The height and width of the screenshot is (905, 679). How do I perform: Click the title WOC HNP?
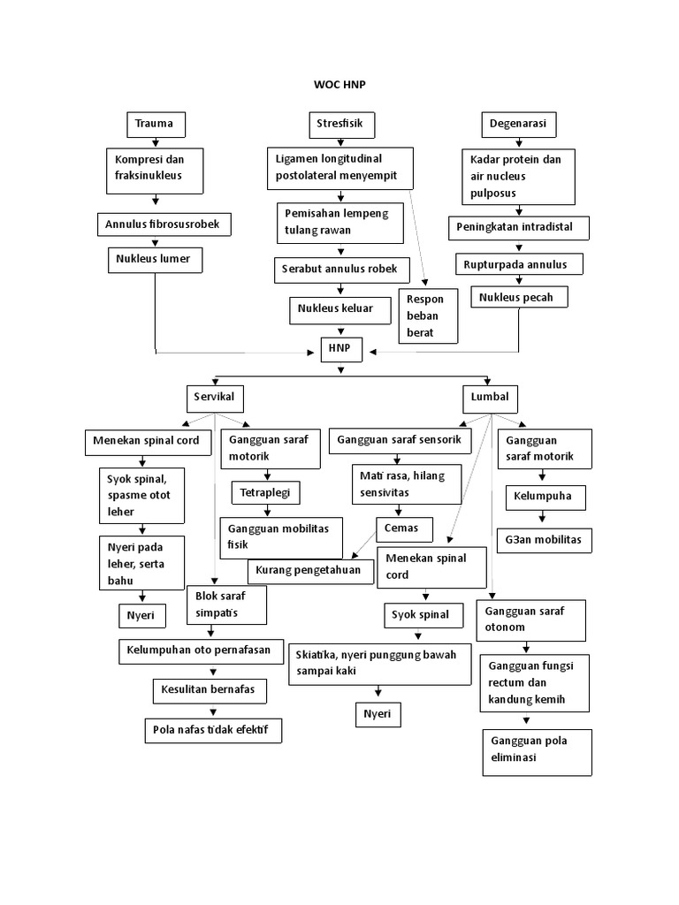(339, 84)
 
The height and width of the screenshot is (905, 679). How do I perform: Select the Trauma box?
(156, 125)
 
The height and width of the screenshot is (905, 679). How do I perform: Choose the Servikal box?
(214, 398)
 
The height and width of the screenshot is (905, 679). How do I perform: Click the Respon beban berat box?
(429, 316)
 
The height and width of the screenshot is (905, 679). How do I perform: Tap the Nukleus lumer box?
(155, 260)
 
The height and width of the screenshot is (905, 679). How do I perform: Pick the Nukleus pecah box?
(518, 298)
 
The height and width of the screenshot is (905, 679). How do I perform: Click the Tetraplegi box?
(266, 491)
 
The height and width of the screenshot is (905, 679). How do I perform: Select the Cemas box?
(404, 529)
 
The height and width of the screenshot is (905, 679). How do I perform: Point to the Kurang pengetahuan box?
(310, 571)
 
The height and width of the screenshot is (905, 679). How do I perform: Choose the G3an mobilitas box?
(544, 540)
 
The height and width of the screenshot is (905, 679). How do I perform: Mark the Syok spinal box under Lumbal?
(423, 615)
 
